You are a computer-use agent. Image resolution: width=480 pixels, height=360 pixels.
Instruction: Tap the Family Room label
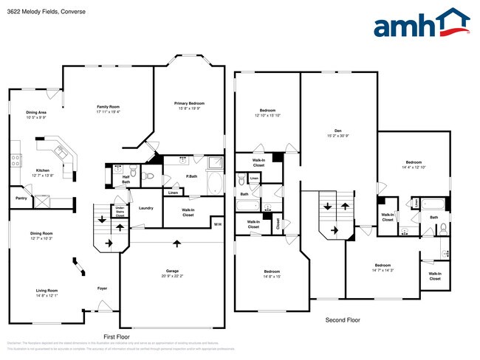108,107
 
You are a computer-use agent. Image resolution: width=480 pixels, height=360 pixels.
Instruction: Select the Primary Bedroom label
190,103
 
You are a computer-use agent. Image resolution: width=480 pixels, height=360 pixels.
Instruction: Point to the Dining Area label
36,112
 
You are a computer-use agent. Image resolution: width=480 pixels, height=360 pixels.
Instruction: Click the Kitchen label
44,170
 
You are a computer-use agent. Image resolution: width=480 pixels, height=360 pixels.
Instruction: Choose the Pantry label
21,198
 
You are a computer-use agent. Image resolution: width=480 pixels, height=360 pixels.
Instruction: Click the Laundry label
145,208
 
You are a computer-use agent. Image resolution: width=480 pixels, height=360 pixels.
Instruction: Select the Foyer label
103,288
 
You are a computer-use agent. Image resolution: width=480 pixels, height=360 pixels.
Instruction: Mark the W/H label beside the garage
217,224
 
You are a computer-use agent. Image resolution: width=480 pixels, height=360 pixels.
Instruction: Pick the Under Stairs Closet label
120,211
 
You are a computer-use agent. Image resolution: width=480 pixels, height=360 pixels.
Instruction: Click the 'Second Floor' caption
343,321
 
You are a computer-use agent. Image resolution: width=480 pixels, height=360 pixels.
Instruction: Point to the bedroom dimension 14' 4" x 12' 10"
413,167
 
